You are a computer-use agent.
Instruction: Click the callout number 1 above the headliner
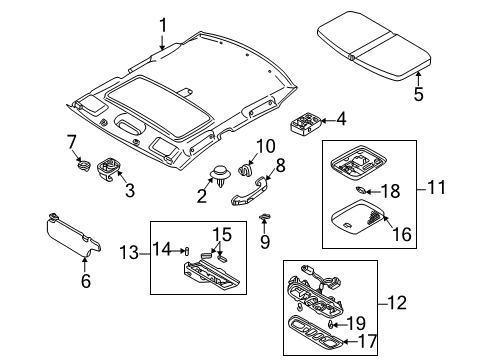tap(163, 26)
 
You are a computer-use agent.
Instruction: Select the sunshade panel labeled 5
tap(374, 46)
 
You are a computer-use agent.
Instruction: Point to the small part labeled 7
tap(83, 165)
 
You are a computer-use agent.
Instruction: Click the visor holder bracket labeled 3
tap(108, 169)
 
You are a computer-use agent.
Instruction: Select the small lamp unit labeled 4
tap(306, 125)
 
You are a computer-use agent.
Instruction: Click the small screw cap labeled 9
tap(264, 217)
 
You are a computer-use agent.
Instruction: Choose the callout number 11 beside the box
tap(436, 187)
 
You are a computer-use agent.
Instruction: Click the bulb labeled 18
tap(360, 191)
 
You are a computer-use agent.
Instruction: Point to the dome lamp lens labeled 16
tap(359, 217)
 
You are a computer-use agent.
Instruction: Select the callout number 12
tap(397, 303)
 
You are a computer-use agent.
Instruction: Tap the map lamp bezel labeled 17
tap(315, 333)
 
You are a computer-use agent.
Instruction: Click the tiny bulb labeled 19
tap(329, 324)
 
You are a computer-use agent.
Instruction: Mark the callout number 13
tap(129, 252)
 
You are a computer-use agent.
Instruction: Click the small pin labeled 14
tap(187, 251)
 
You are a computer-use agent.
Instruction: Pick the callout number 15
tap(222, 234)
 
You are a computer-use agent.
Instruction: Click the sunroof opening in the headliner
tap(159, 106)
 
